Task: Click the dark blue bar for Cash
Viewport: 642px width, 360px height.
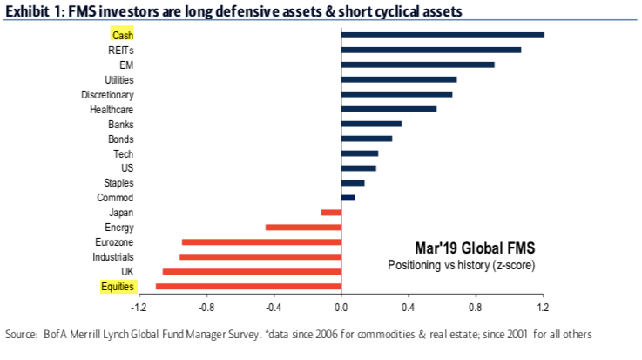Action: (x=443, y=35)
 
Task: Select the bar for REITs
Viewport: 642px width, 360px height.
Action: (x=431, y=50)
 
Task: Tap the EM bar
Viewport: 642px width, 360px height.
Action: (x=417, y=65)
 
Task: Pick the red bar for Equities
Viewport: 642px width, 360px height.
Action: (x=248, y=286)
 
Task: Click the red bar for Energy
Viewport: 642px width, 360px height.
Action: (x=303, y=227)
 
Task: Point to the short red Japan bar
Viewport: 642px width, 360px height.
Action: (x=331, y=212)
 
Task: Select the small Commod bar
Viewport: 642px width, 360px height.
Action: (x=348, y=197)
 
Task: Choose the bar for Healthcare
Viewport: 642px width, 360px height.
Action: (x=389, y=109)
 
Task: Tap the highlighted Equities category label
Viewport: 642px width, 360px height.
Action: (x=116, y=286)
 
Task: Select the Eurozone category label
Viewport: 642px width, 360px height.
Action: (x=114, y=241)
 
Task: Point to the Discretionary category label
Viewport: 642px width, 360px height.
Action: (x=107, y=94)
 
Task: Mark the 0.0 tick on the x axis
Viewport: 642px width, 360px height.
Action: (x=341, y=308)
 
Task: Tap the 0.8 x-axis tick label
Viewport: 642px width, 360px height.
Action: (x=476, y=308)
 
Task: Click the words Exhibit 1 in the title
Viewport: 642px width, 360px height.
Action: (x=30, y=11)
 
